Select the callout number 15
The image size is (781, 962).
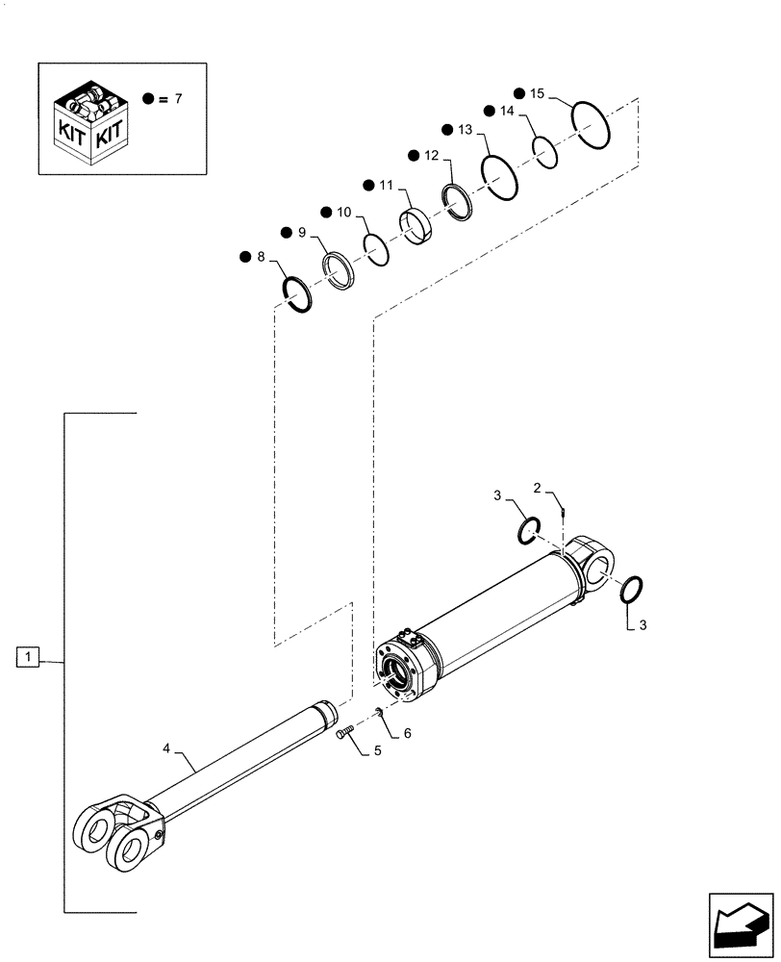pyautogui.click(x=537, y=93)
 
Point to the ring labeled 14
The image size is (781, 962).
pyautogui.click(x=545, y=152)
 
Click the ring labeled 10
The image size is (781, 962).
pyautogui.click(x=376, y=249)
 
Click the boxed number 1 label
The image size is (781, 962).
pyautogui.click(x=30, y=658)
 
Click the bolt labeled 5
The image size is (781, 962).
pyautogui.click(x=345, y=735)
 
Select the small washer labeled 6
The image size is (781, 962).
pyautogui.click(x=379, y=713)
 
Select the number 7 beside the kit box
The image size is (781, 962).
pyautogui.click(x=175, y=99)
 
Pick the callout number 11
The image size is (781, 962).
pyautogui.click(x=385, y=184)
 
